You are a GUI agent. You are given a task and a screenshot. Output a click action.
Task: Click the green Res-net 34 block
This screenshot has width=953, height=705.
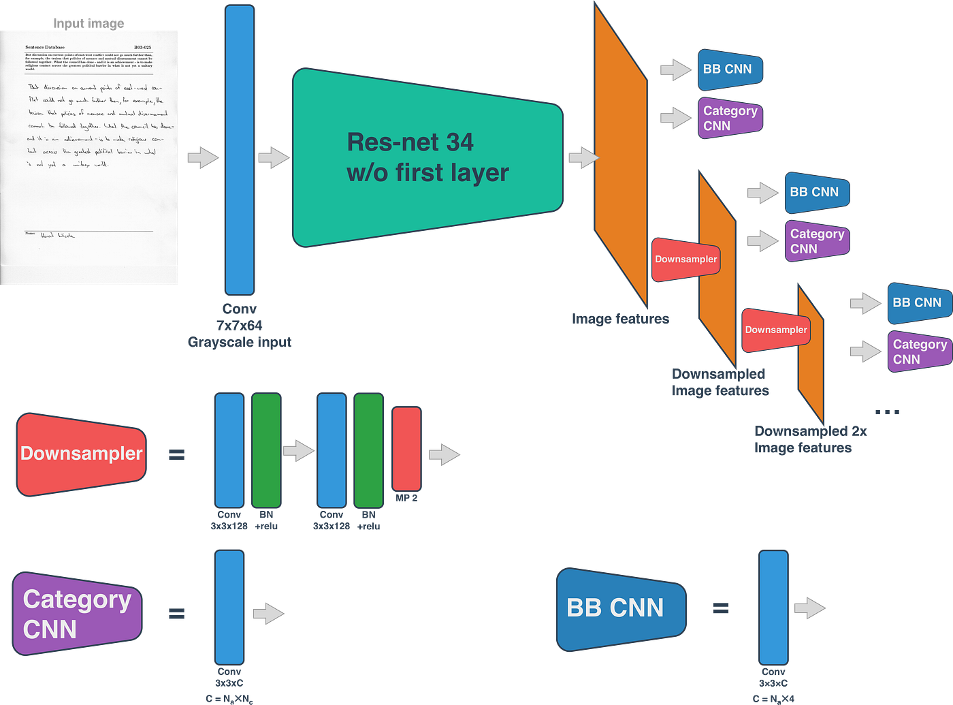427,158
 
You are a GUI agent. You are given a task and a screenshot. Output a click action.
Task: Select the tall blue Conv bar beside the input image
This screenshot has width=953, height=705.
240,150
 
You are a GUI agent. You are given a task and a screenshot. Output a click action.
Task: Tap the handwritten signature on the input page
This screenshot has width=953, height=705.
58,235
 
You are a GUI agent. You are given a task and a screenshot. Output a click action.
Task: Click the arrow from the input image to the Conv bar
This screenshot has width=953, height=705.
203,157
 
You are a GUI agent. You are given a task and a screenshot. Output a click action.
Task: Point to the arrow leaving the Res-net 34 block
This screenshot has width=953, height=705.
582,157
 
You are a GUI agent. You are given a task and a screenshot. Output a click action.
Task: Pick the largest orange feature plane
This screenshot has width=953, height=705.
619,157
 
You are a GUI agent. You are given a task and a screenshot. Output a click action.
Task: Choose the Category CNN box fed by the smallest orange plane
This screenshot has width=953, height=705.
919,351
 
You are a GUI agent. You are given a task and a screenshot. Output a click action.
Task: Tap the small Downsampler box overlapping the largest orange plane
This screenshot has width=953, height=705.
685,260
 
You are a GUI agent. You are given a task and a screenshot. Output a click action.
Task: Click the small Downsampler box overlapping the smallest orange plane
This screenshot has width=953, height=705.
775,330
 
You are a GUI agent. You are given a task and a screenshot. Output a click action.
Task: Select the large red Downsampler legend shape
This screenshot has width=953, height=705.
81,454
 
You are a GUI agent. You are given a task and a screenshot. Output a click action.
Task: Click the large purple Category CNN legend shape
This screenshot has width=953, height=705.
77,614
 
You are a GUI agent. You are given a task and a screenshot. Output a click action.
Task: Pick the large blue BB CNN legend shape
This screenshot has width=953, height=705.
619,608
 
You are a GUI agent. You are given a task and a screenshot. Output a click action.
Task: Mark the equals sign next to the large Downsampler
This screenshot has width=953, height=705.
177,454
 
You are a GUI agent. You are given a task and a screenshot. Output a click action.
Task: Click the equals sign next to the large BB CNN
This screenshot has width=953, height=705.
721,608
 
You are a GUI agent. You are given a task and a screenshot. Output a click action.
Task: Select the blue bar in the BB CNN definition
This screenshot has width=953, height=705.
773,606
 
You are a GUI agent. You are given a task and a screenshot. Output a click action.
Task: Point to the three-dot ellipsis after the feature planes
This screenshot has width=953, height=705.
887,412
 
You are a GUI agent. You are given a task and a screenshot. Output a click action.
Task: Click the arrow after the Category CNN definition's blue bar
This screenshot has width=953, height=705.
268,613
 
